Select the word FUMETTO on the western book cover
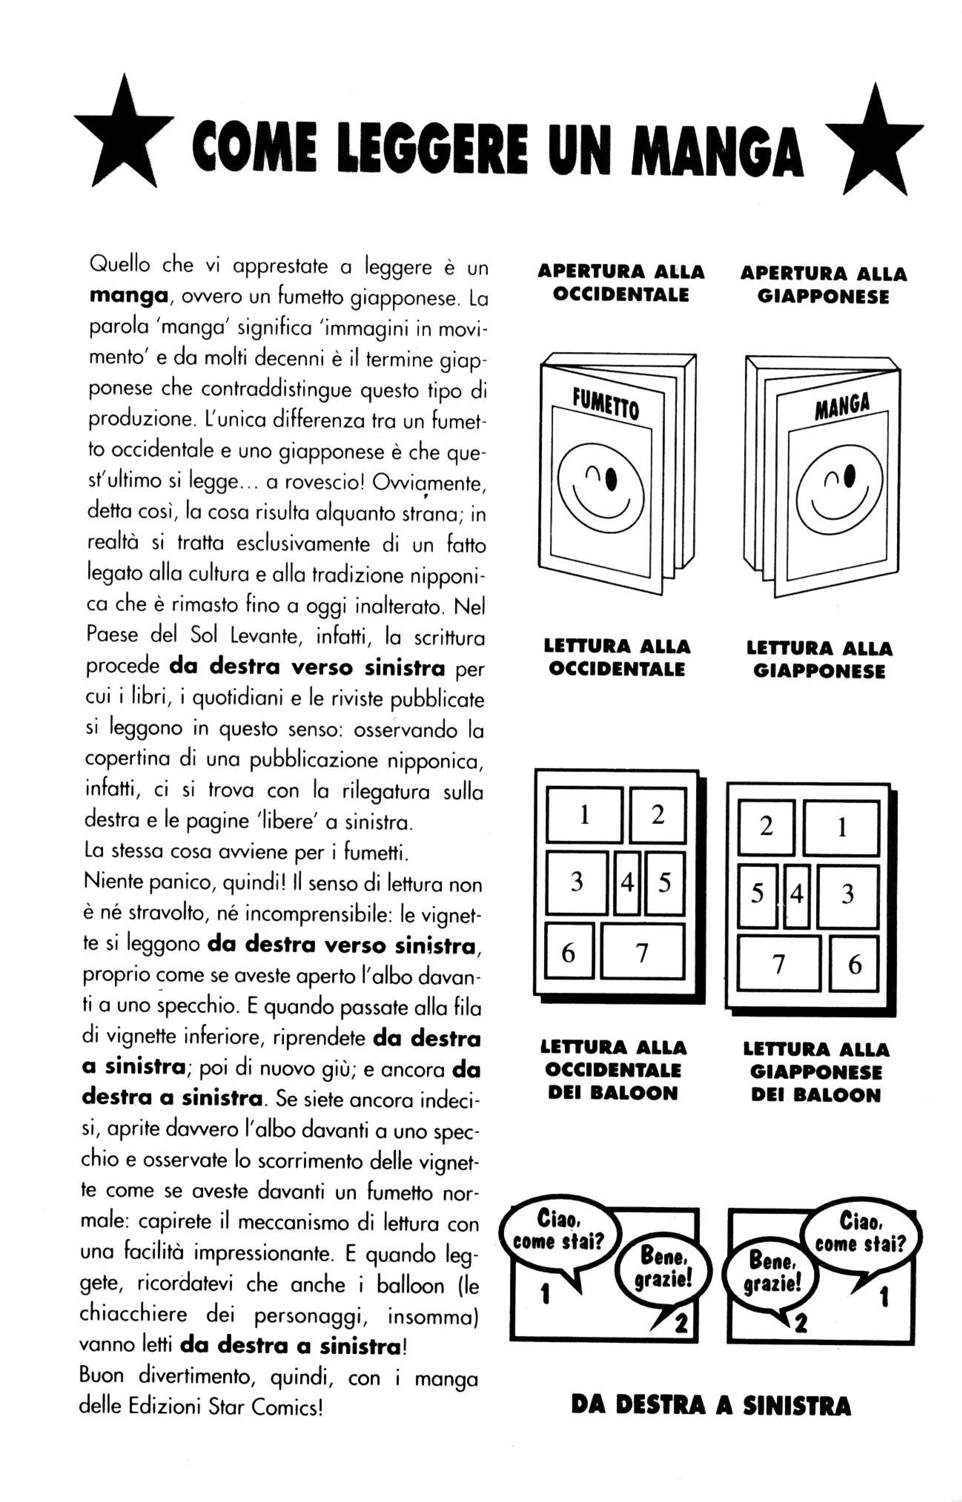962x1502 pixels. point(606,403)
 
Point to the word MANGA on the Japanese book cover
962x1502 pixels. point(841,406)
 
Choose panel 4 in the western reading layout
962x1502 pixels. point(627,882)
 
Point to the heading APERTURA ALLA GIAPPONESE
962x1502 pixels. point(823,285)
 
